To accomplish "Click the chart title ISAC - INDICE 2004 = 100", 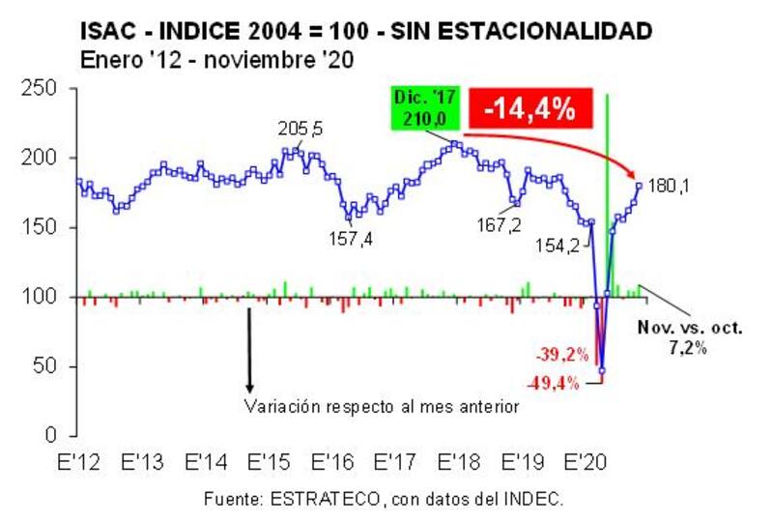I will click(366, 32).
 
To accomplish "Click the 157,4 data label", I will click(351, 239).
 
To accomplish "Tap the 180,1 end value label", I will click(669, 186).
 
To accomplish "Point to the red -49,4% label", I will click(555, 383).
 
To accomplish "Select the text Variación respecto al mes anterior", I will click(382, 407).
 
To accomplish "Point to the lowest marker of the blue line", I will click(601, 370).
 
